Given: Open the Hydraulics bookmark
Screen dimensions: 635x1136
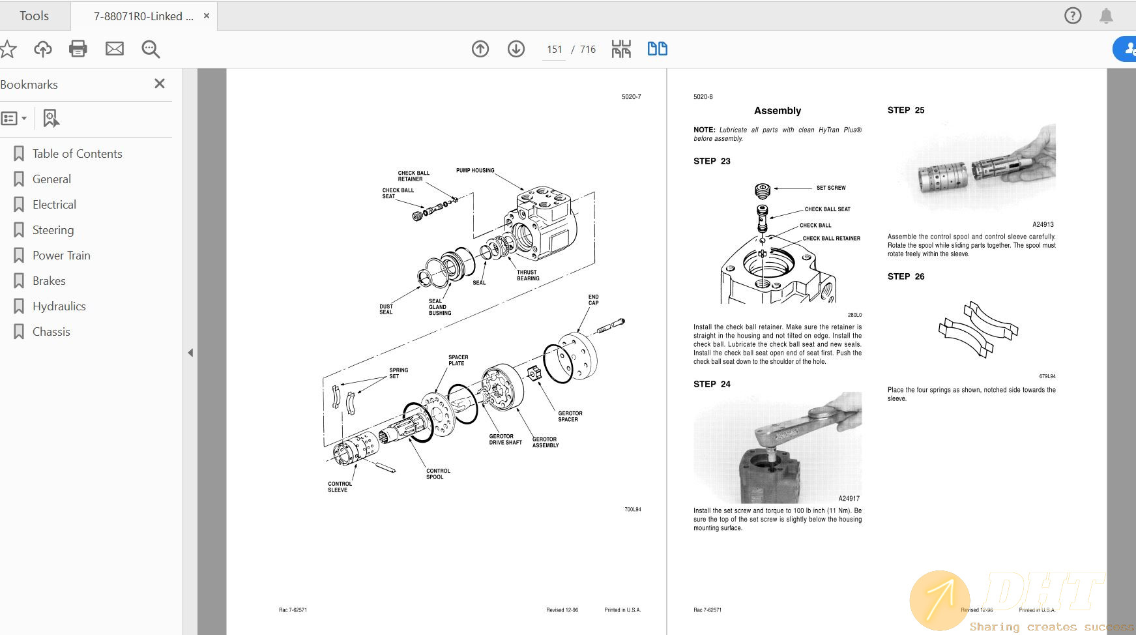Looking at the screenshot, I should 59,306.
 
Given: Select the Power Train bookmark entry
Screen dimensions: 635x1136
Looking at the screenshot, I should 61,256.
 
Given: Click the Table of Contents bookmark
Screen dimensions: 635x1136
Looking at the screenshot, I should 77,154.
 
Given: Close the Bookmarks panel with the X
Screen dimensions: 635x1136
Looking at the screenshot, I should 160,83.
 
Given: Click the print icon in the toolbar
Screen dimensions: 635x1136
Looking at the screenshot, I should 78,49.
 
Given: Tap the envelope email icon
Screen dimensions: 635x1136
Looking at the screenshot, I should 115,49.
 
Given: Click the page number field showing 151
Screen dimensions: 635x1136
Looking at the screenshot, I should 554,50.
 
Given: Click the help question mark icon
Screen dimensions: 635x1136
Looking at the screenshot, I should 1072,16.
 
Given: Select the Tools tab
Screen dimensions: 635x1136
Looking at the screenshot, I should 34,16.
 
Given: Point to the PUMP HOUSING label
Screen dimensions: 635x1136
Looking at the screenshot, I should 474,171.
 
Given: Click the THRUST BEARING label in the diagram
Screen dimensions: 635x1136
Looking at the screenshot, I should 527,275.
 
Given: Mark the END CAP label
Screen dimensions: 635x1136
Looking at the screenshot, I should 593,300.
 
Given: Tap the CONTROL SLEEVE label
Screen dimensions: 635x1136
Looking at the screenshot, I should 340,487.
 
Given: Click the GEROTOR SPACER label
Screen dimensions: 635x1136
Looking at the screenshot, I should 570,416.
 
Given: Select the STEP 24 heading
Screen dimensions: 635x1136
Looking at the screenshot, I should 712,384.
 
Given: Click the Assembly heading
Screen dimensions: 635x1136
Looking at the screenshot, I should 777,111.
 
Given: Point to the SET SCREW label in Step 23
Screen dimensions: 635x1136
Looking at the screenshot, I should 830,188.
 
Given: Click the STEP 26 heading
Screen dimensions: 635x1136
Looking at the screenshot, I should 905,276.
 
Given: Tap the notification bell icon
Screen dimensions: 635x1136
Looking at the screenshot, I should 1106,16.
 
